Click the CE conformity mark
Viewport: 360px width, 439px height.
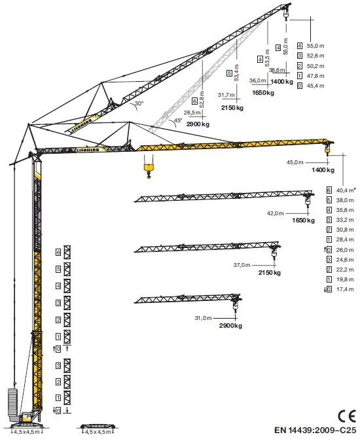point(347,415)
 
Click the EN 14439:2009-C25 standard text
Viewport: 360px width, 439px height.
point(315,430)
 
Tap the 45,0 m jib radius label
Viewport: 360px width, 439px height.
point(295,162)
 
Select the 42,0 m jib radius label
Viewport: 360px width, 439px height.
point(275,213)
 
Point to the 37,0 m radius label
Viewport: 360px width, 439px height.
point(242,264)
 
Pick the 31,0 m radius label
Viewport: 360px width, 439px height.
point(203,318)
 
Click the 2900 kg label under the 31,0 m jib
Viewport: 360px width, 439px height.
point(230,326)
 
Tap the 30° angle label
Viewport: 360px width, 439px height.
point(139,103)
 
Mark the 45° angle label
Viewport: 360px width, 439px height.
point(178,120)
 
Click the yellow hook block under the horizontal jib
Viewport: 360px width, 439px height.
point(149,169)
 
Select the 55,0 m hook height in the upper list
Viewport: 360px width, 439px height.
point(315,46)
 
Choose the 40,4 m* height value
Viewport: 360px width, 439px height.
point(346,190)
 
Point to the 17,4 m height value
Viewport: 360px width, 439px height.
point(345,289)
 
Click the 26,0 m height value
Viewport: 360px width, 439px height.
point(345,249)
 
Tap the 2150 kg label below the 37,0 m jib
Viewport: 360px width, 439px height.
point(270,272)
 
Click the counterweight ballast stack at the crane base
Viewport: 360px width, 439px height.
point(12,402)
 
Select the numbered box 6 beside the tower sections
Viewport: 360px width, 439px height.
point(58,253)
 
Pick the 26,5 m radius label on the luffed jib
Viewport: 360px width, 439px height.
point(192,113)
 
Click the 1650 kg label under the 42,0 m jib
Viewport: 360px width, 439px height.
point(304,220)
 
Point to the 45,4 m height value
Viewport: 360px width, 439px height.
point(315,86)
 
